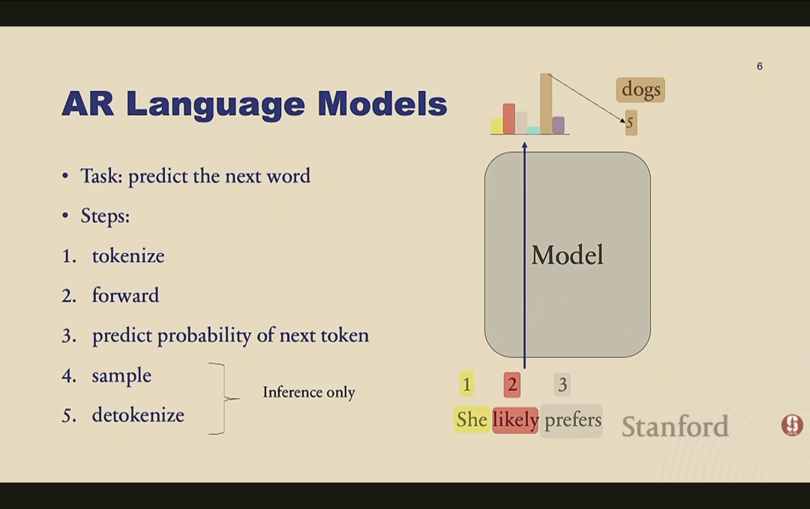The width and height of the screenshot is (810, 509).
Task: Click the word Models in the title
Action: pyautogui.click(x=382, y=104)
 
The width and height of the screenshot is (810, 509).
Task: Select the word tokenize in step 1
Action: pyautogui.click(x=128, y=256)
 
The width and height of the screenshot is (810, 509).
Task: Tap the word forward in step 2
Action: pyautogui.click(x=125, y=295)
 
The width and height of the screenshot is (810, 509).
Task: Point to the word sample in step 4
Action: pyautogui.click(x=122, y=376)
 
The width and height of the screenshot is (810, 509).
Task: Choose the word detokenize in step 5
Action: pyautogui.click(x=138, y=415)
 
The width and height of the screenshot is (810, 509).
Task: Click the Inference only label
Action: pyautogui.click(x=309, y=392)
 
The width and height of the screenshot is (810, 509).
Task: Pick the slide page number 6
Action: pyautogui.click(x=759, y=66)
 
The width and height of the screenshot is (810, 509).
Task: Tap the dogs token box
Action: pyautogui.click(x=640, y=89)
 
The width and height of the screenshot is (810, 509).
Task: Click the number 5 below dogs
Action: pyautogui.click(x=631, y=123)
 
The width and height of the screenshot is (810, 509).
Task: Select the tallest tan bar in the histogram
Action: pyautogui.click(x=546, y=104)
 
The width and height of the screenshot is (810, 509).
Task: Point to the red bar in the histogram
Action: pyautogui.click(x=508, y=119)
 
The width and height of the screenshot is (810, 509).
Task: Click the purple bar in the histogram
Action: pyautogui.click(x=559, y=125)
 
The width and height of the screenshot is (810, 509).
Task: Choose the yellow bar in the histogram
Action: pyautogui.click(x=496, y=126)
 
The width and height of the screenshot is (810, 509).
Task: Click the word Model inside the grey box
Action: pyautogui.click(x=567, y=255)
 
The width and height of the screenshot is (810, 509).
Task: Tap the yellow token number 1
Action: pyautogui.click(x=466, y=384)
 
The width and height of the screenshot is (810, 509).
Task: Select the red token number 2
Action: pyautogui.click(x=512, y=384)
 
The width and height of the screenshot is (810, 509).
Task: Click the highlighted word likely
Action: pyautogui.click(x=515, y=420)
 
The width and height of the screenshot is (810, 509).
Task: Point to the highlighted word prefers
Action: pyautogui.click(x=571, y=420)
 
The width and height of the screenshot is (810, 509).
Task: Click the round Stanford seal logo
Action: pyautogui.click(x=792, y=425)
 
